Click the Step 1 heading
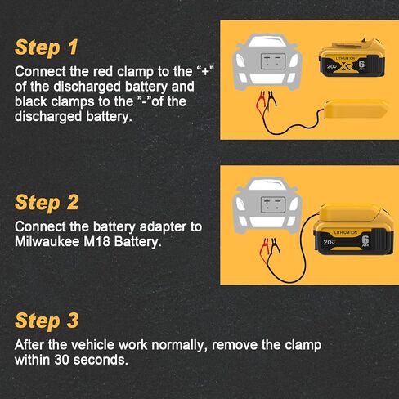click(x=47, y=47)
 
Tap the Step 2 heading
click(x=47, y=203)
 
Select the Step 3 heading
click(x=47, y=321)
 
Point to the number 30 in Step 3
click(x=62, y=360)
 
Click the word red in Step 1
click(x=103, y=72)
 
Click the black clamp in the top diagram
click(x=271, y=101)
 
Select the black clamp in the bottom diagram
click(x=275, y=246)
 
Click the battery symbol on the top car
click(x=273, y=61)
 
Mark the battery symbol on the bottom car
click(x=273, y=204)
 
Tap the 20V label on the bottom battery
click(x=329, y=242)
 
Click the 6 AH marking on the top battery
click(x=361, y=65)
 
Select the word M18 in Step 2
click(x=97, y=241)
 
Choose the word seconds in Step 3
click(x=101, y=360)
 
